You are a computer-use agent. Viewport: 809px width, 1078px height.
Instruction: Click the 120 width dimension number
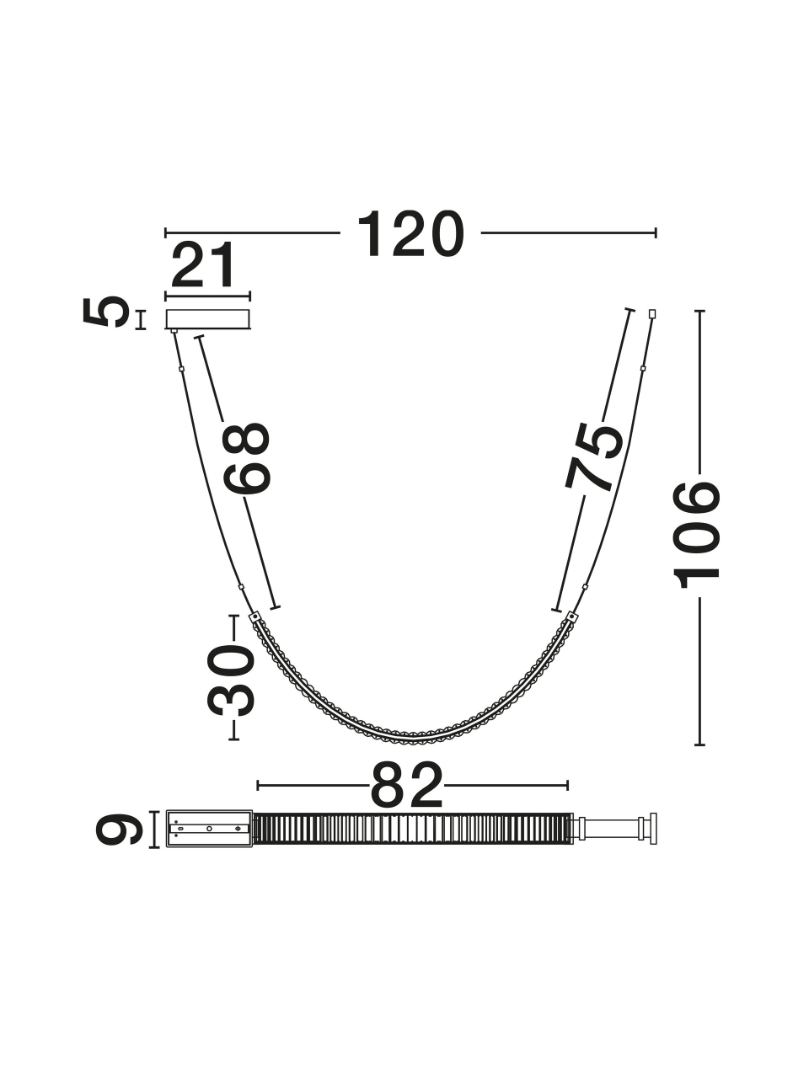point(410,234)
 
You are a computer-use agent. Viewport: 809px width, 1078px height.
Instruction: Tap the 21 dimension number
point(203,265)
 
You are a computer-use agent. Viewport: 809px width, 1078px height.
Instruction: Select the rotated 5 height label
point(106,312)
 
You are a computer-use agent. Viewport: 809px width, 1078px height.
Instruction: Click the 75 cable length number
point(593,456)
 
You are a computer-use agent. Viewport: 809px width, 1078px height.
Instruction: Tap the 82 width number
point(407,785)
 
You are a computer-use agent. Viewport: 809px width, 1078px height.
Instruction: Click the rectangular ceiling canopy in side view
point(208,319)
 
